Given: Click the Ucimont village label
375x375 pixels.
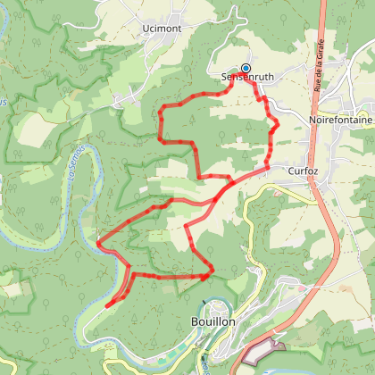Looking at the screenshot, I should click(x=161, y=29).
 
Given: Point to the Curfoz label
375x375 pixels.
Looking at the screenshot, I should click(x=304, y=169).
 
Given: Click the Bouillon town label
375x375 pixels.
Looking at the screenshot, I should click(x=212, y=322).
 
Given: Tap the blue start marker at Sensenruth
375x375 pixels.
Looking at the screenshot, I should click(x=246, y=68).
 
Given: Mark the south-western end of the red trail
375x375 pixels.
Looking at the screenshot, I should click(x=106, y=306).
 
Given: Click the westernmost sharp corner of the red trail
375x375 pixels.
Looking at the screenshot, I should click(x=96, y=241).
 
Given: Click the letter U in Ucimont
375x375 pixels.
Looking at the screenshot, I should click(x=146, y=29).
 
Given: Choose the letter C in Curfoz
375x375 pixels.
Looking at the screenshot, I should click(x=291, y=169).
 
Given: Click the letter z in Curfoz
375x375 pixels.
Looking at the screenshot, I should click(x=316, y=169).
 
